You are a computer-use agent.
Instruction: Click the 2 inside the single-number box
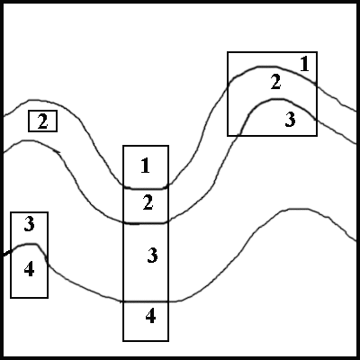(42, 121)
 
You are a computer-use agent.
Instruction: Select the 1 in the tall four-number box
(146, 166)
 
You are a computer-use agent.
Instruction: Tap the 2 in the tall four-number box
(148, 202)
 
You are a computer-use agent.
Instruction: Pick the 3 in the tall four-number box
(152, 256)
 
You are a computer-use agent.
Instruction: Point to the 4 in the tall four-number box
(150, 317)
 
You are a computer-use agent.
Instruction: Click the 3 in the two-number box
(29, 224)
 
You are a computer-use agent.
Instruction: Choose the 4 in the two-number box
(29, 269)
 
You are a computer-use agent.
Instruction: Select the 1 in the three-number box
(304, 64)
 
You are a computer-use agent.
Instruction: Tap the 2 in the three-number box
(275, 82)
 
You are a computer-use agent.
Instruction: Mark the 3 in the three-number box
(290, 120)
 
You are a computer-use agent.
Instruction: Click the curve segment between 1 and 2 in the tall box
(146, 188)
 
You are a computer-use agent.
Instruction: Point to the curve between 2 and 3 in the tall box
(146, 223)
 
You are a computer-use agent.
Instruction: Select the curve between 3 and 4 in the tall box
(146, 301)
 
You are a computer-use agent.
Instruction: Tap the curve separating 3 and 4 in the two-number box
(29, 245)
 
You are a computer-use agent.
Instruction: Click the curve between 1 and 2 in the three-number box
(272, 67)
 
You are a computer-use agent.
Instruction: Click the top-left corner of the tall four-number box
(123, 146)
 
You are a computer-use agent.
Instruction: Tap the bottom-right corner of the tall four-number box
(168, 341)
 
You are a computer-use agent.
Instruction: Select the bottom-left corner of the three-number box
(228, 136)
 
